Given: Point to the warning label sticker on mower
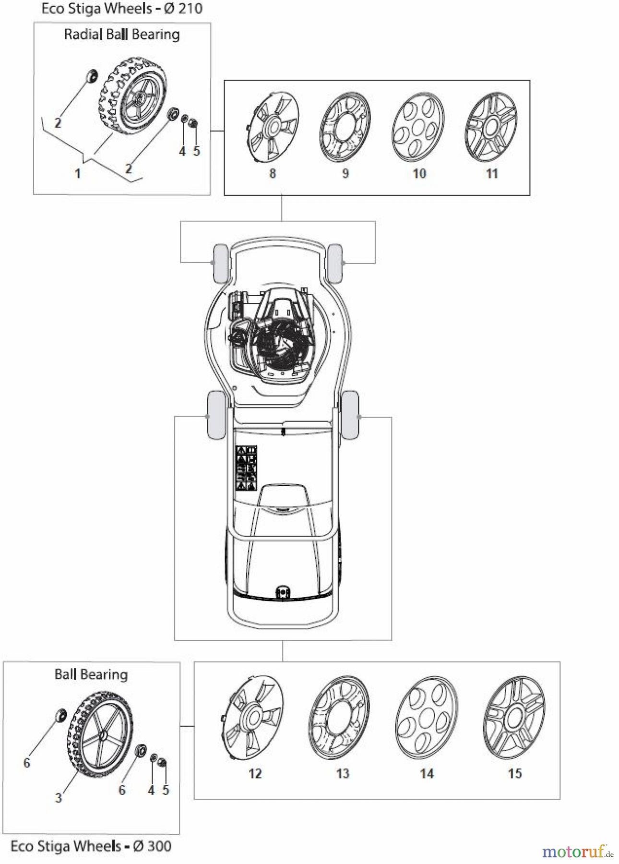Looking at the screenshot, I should pyautogui.click(x=247, y=468).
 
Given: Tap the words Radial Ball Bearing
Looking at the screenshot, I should pyautogui.click(x=122, y=35).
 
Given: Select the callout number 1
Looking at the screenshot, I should pyautogui.click(x=78, y=173).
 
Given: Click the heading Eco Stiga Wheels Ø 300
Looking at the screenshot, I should pyautogui.click(x=91, y=846).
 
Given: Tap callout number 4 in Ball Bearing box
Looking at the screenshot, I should pyautogui.click(x=151, y=790).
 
